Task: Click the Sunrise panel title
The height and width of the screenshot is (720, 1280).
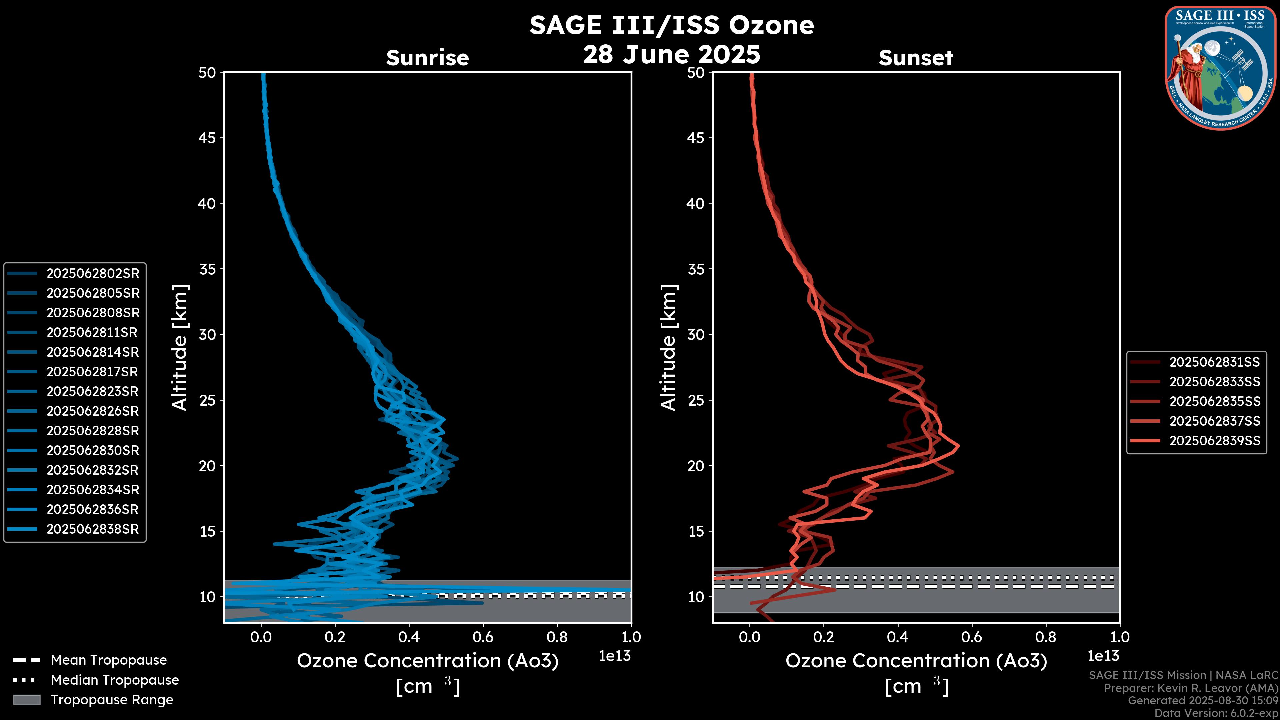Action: coord(427,58)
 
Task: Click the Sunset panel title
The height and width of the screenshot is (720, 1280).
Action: coord(916,58)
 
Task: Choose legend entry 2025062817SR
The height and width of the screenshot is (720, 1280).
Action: coord(92,372)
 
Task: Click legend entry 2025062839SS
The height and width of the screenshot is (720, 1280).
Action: coord(1214,441)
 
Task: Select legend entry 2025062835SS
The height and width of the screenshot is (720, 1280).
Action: coord(1214,401)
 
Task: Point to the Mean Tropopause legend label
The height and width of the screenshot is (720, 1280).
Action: coord(109,660)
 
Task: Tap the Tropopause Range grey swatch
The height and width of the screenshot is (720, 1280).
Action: coord(26,700)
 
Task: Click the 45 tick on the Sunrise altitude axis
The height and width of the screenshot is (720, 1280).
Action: coord(207,138)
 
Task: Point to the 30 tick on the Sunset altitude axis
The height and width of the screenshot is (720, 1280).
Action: coord(696,334)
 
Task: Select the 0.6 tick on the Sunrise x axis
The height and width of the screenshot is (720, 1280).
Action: coord(483,637)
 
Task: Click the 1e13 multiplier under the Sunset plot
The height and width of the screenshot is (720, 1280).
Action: coord(1103,656)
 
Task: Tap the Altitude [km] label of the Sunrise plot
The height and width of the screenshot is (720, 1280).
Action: coord(180,347)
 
